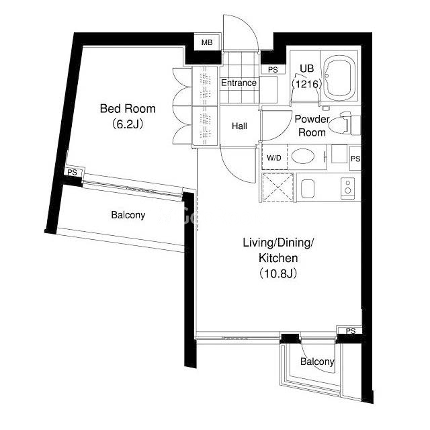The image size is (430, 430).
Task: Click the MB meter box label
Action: point(207,42)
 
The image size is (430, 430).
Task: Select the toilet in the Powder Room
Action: point(346,123)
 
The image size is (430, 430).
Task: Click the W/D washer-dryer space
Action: point(275,157)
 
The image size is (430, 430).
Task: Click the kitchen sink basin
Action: point(308,189)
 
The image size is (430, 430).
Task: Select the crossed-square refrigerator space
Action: point(277,187)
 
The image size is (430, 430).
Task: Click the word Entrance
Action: point(239,83)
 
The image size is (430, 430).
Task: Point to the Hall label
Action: point(239,126)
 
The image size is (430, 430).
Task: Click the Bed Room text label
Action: point(128,109)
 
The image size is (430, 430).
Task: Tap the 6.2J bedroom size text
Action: point(128,124)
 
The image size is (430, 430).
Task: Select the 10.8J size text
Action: point(278,273)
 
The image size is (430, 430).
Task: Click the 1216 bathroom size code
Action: point(306,84)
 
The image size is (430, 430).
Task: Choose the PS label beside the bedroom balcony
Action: point(72,173)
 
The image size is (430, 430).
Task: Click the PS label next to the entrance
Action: point(273,70)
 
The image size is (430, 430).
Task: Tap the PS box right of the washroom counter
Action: point(355,159)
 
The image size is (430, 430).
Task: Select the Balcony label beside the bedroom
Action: point(128,215)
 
